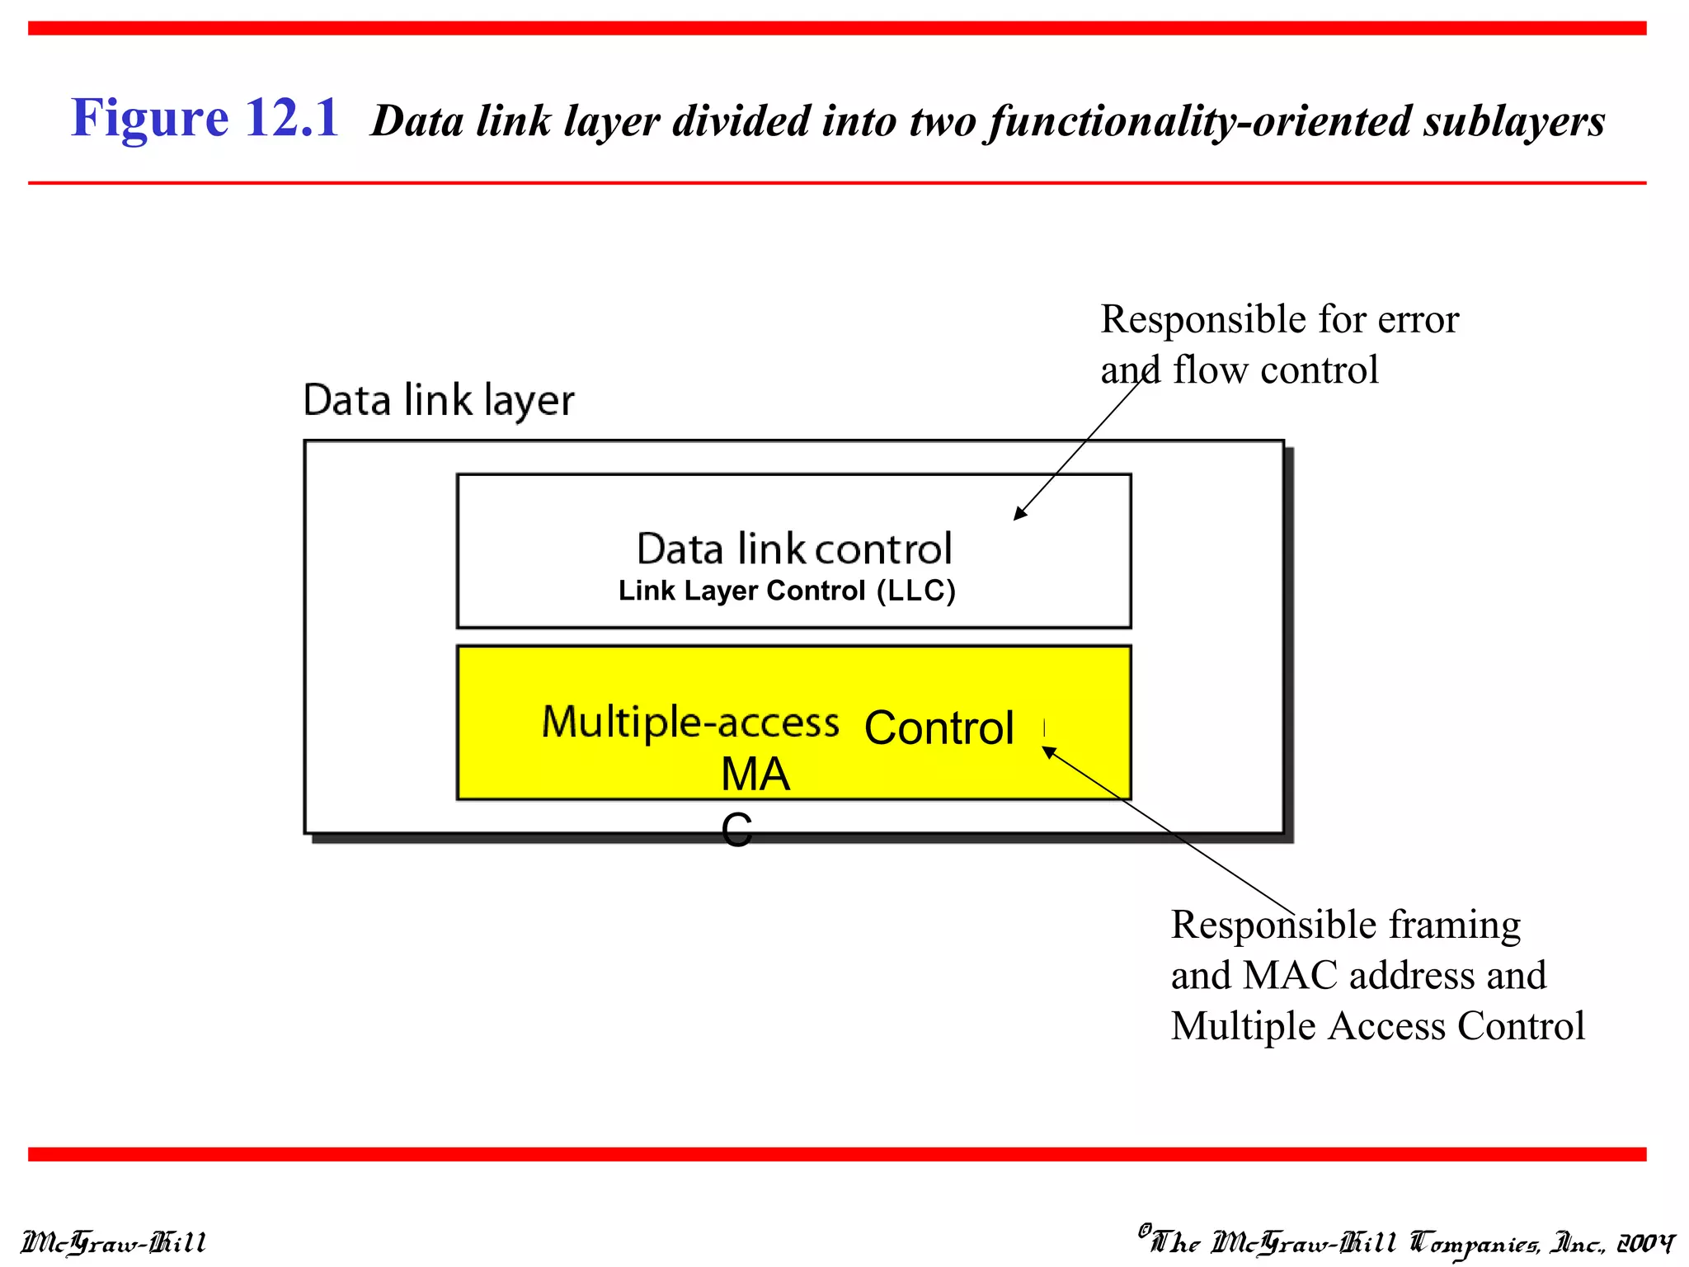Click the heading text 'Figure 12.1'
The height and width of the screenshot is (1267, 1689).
click(x=205, y=118)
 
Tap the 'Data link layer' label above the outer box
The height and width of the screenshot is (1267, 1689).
click(x=438, y=401)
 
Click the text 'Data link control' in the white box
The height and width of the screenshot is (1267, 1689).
click(x=793, y=549)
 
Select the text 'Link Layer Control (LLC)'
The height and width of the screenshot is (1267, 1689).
click(x=787, y=591)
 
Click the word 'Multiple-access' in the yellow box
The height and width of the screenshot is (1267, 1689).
click(x=690, y=723)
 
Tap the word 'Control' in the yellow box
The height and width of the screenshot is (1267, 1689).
click(x=939, y=728)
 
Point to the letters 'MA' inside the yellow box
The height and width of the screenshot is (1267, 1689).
click(x=755, y=775)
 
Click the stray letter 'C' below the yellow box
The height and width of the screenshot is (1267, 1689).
click(x=736, y=830)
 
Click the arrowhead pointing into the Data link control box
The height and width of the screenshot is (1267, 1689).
click(x=1020, y=513)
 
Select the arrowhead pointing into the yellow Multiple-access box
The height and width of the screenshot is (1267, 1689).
click(x=1048, y=751)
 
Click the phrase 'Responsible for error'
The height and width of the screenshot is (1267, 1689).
click(x=1279, y=320)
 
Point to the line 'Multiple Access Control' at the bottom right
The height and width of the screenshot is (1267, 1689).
click(x=1377, y=1026)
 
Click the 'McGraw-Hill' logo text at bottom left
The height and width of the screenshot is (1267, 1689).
click(x=114, y=1242)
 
